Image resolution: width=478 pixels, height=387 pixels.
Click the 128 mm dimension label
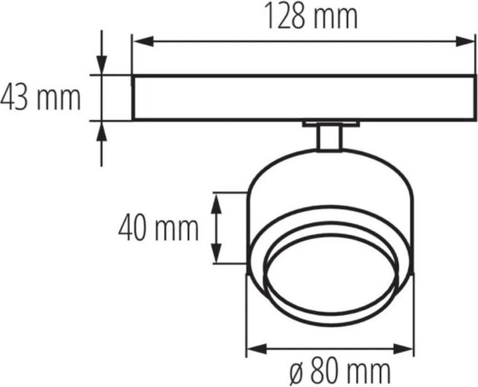311,18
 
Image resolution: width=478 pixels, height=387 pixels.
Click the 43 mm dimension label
40,98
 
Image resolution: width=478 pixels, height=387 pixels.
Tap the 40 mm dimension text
159,228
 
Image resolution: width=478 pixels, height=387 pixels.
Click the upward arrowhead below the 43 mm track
102,131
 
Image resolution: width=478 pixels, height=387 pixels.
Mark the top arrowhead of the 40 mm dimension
216,201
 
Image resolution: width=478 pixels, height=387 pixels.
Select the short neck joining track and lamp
329,138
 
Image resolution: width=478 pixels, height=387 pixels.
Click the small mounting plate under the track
329,123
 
